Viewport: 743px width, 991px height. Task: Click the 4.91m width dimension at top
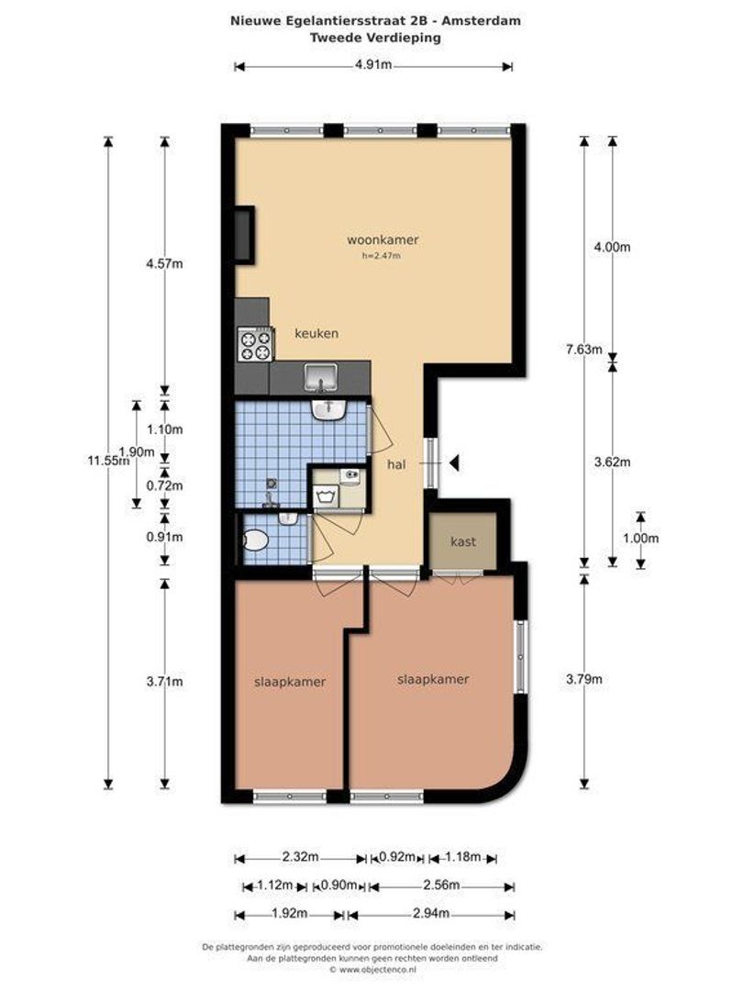[373, 65]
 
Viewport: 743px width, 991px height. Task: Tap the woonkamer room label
[383, 240]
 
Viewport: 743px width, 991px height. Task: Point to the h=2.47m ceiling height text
[382, 256]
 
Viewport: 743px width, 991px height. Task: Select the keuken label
[316, 333]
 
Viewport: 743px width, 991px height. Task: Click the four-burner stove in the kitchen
[255, 345]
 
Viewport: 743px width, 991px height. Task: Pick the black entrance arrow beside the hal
[453, 464]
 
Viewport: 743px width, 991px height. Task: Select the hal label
[396, 465]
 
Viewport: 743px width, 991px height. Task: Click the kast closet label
[463, 542]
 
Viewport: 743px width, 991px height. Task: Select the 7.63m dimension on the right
[583, 350]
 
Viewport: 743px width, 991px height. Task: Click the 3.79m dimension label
[583, 679]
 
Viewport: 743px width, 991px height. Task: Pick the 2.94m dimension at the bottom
[430, 913]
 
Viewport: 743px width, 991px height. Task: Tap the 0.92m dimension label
[397, 858]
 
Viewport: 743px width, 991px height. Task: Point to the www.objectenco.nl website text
[376, 969]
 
